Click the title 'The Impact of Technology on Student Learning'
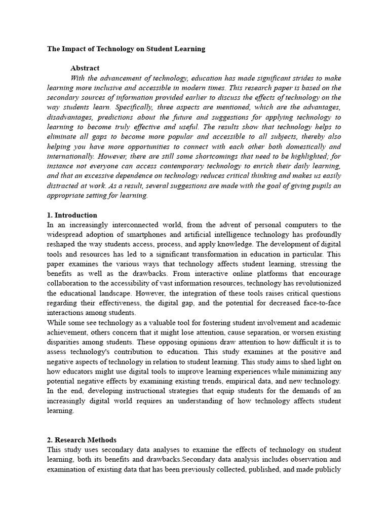[126, 49]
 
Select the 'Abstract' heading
[85, 68]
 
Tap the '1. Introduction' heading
[72, 215]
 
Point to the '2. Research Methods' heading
[82, 440]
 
